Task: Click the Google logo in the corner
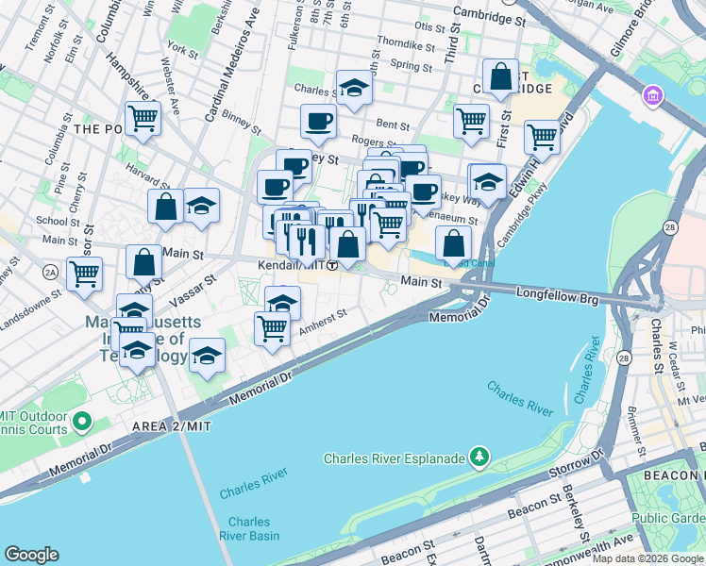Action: (32, 555)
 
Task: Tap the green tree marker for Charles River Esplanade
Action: (480, 458)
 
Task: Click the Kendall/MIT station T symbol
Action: (332, 266)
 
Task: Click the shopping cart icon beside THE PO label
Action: (143, 119)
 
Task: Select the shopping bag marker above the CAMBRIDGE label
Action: (500, 76)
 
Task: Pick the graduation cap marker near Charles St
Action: (354, 88)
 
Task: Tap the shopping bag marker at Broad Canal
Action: (454, 242)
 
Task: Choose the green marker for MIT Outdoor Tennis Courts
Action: (82, 421)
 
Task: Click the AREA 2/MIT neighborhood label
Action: (172, 426)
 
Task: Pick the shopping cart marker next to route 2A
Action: (85, 274)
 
